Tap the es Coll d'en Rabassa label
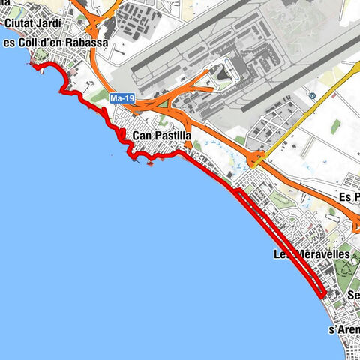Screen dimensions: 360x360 56,43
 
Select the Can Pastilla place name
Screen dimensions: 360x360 161,136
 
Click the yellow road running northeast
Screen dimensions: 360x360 300,120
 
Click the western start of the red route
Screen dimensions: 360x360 34,66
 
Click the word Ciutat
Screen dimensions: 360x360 16,22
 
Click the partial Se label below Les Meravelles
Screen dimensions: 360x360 352,295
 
